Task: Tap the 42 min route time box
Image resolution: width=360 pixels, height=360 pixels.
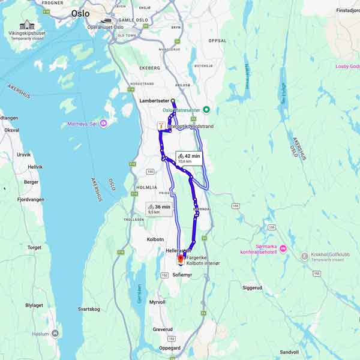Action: point(189,158)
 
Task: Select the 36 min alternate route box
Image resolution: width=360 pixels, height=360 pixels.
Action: point(159,209)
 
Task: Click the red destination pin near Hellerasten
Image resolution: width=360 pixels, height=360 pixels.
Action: point(181,259)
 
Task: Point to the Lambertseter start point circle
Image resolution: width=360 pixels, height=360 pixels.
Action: point(173,101)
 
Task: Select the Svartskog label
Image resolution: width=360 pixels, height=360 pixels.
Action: point(89,309)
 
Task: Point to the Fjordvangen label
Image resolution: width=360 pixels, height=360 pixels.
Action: point(28,199)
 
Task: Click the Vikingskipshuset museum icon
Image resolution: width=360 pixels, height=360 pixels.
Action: point(26,25)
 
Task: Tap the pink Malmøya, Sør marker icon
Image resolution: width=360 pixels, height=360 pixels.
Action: point(103,124)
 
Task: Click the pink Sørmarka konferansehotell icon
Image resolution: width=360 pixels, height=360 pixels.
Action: point(283,248)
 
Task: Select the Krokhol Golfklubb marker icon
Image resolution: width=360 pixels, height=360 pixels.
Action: point(304,256)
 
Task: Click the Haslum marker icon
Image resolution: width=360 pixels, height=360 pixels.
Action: point(55,334)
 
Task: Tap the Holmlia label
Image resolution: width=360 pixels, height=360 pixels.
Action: point(146,187)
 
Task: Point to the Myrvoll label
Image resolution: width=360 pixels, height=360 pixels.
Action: point(157,302)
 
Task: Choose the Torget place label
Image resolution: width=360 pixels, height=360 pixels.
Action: point(34,247)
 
